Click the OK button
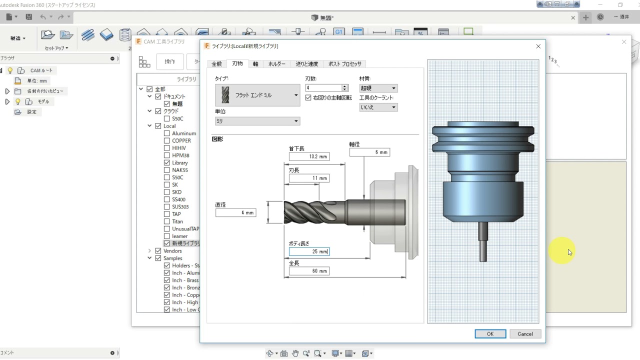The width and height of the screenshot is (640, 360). point(490,334)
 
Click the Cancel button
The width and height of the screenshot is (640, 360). point(525,334)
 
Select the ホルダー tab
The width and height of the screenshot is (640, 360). point(276,64)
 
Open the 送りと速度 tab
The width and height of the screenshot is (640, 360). point(306,64)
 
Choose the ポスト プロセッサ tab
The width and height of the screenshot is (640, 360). point(344,64)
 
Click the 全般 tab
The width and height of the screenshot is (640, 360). point(216,64)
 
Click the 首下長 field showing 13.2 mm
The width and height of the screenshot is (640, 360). point(309,156)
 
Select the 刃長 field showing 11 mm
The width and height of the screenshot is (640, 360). point(309,178)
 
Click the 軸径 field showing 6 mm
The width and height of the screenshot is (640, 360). point(369,152)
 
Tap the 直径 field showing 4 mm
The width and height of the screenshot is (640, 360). point(235,213)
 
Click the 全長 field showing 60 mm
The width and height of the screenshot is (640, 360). point(309,271)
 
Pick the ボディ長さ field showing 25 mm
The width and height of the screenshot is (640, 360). point(309,251)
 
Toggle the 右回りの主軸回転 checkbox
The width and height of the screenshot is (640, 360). point(308,97)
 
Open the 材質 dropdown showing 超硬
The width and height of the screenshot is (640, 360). point(378,88)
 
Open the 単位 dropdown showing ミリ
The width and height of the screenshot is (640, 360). point(257,121)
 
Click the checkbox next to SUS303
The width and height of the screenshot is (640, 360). point(167,206)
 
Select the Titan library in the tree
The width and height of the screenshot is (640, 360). point(177,221)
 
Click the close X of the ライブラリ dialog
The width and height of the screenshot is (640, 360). point(538,46)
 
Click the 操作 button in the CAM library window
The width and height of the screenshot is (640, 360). point(170,61)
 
